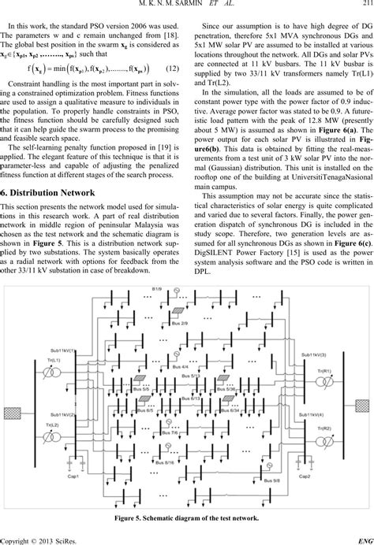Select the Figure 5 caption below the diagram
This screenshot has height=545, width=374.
(x=187, y=519)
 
